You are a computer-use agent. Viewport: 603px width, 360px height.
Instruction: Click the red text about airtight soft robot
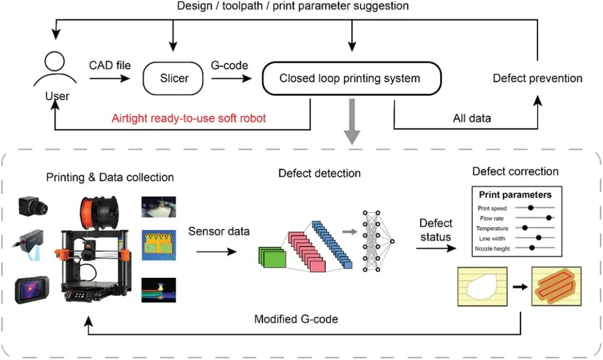click(189, 118)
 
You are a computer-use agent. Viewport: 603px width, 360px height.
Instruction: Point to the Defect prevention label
click(537, 78)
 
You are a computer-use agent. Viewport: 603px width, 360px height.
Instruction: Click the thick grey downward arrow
click(351, 126)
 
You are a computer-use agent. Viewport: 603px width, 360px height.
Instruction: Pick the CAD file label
click(109, 65)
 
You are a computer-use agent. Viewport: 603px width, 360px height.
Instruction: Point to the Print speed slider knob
click(531, 208)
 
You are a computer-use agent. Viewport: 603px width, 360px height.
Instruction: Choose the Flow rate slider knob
click(549, 218)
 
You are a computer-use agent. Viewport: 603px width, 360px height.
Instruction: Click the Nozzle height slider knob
click(533, 247)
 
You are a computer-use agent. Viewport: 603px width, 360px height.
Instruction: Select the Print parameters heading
click(515, 195)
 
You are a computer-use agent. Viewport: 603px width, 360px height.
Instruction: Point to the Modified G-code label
click(296, 319)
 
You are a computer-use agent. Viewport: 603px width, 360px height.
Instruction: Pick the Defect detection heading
click(319, 174)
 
